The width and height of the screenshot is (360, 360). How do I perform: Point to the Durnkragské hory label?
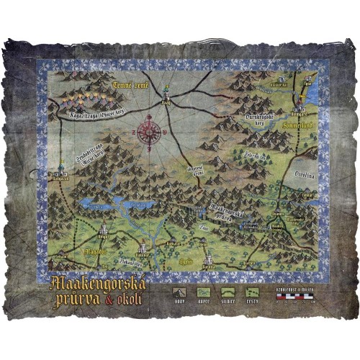point(258,118)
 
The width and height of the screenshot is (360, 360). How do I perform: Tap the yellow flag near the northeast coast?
point(312,76)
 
